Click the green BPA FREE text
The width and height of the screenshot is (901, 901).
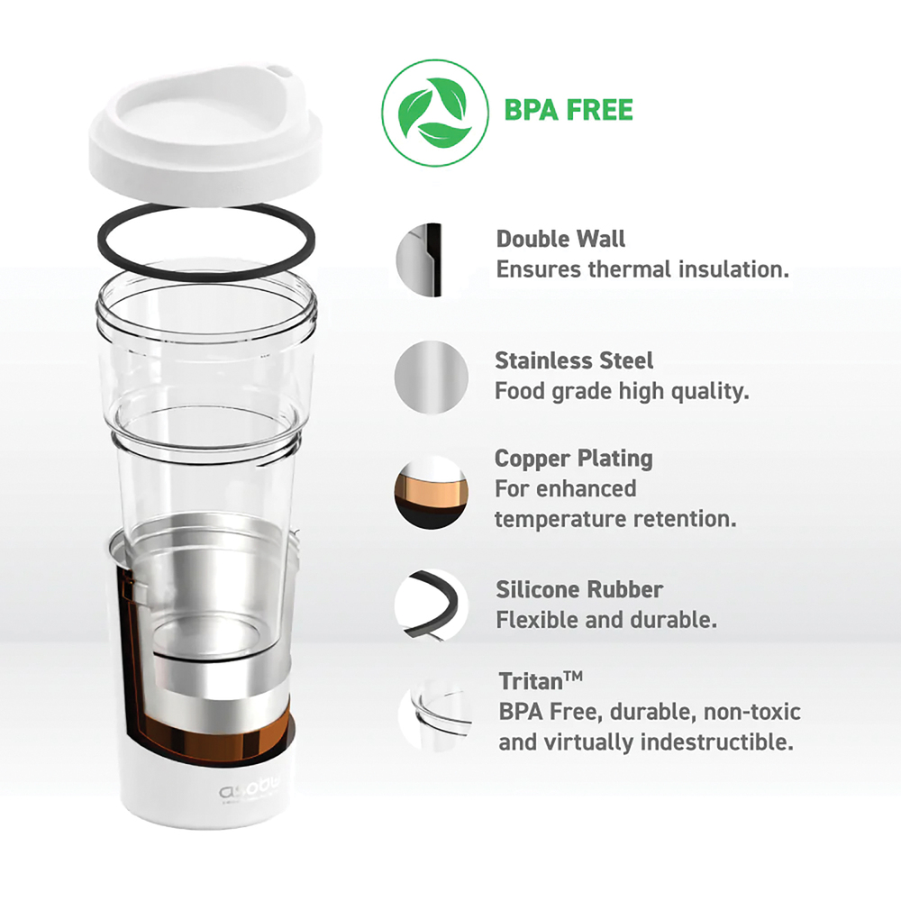[x=569, y=110]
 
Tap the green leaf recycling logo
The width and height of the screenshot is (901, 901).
[x=435, y=114]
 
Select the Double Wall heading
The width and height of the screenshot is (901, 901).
[x=560, y=239]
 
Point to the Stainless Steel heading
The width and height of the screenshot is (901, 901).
[x=574, y=361]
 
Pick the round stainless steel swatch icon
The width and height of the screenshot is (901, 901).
[x=432, y=377]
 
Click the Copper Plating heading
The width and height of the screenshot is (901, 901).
[x=573, y=460]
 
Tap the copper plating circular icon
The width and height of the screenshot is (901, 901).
[x=432, y=493]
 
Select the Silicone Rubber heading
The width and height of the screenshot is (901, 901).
[x=579, y=589]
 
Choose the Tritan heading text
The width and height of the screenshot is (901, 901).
[x=541, y=681]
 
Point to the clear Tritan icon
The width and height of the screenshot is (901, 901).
[x=435, y=715]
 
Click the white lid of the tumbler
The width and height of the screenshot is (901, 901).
[x=205, y=136]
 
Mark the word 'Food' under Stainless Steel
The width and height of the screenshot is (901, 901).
[x=520, y=391]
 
